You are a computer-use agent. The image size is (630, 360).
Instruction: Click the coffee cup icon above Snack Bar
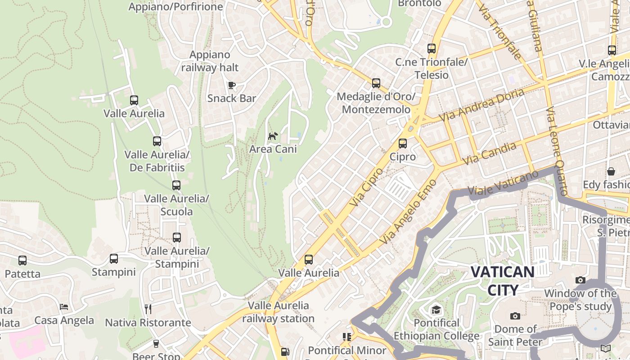coord(232,85)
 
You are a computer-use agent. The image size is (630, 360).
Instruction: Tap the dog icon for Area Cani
coord(273,136)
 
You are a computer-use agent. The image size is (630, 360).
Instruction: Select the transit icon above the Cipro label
coord(403,144)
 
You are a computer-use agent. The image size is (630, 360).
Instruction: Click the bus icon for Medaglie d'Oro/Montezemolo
coord(376,83)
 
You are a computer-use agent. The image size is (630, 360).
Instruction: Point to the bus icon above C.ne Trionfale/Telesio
coord(432,49)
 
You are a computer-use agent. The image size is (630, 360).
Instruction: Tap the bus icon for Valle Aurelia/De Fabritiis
coord(157,141)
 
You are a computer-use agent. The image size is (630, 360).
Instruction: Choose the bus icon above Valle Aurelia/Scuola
coord(176,185)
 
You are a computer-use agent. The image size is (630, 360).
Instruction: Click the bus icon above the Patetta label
coord(22,261)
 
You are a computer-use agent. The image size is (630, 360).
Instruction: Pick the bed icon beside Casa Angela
coord(64,307)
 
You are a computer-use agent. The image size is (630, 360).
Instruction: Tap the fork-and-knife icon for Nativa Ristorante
coord(148,309)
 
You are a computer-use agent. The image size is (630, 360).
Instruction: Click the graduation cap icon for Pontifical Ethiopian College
coord(436,310)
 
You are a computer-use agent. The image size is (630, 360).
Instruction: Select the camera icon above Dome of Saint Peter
coord(515,316)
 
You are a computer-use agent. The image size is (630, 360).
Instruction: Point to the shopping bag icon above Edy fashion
coord(611,171)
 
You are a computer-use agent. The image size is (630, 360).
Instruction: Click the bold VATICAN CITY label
coord(503,281)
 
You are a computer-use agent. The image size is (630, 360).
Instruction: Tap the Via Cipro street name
coord(366,187)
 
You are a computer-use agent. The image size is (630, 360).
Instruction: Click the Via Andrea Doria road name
coord(482,104)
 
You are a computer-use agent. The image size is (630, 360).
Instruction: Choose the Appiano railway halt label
coord(210,61)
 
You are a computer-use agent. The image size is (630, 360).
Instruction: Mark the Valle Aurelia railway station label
coord(279,312)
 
